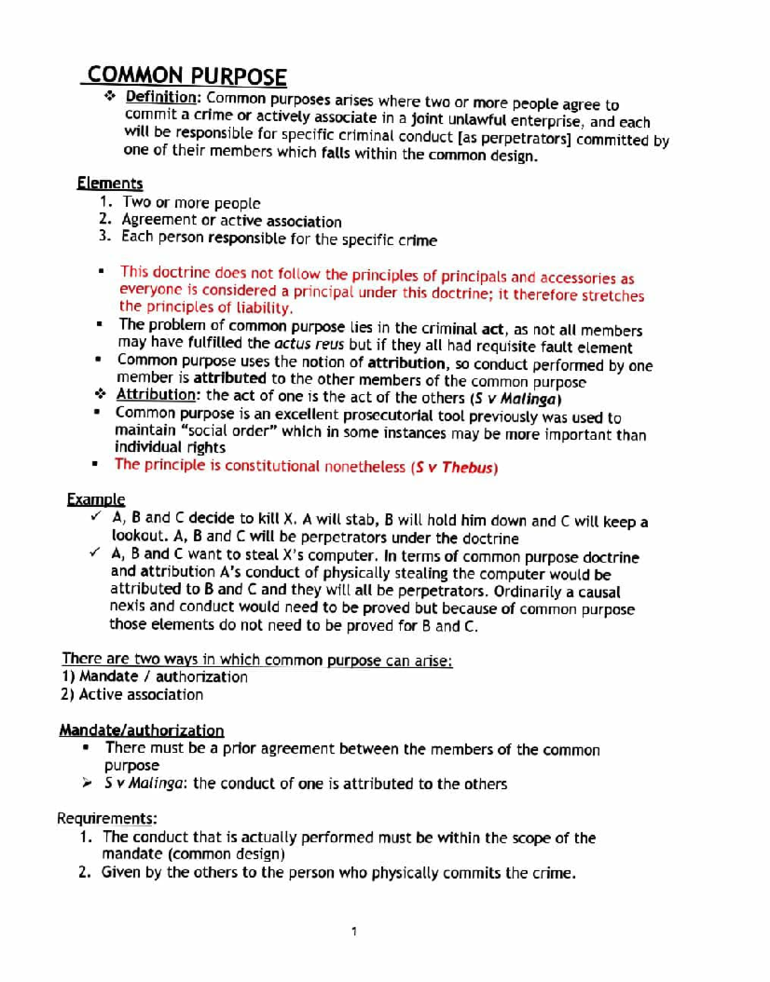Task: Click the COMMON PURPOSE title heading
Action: click(x=186, y=76)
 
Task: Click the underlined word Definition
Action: click(x=161, y=97)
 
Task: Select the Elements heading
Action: click(x=110, y=183)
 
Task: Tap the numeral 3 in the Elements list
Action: click(x=105, y=237)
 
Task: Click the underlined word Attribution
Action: click(x=155, y=395)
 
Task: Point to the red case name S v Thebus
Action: click(x=454, y=468)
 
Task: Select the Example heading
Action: click(x=96, y=500)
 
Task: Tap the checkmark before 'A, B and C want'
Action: click(x=95, y=552)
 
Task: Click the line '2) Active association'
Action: click(x=132, y=695)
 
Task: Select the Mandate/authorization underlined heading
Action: click(x=141, y=731)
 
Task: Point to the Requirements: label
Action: click(x=107, y=818)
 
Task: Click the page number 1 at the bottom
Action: click(x=354, y=931)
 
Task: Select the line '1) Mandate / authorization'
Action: click(x=154, y=677)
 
